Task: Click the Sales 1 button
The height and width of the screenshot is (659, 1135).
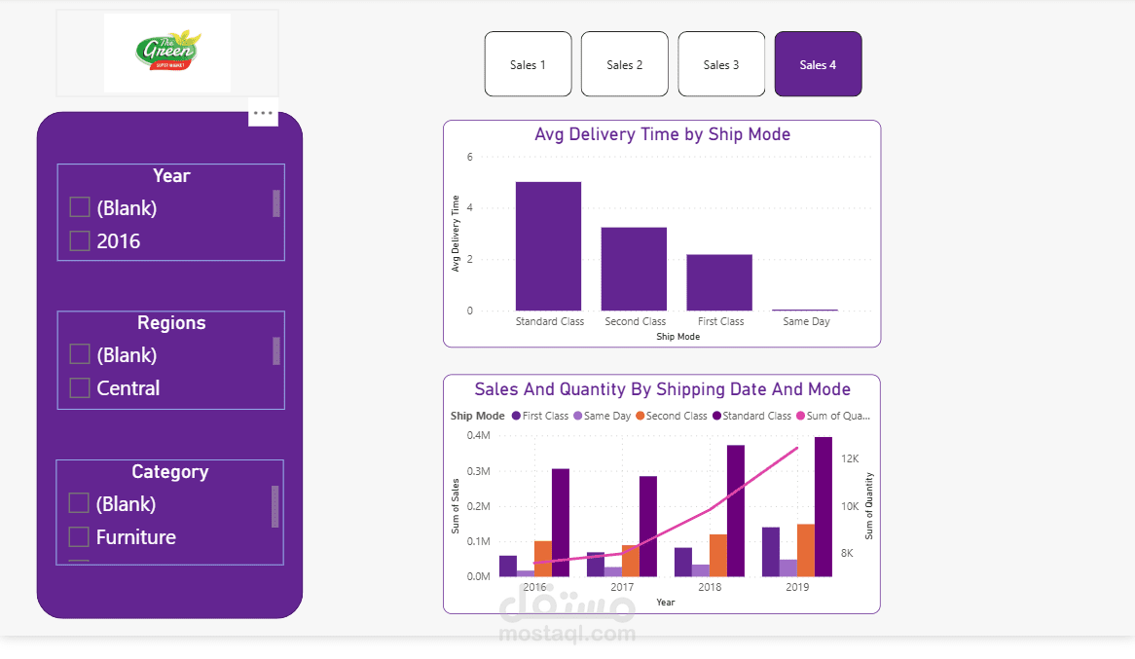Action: (x=528, y=64)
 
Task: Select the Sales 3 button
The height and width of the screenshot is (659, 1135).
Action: (x=721, y=64)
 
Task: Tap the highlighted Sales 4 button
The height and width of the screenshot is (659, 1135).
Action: (x=818, y=64)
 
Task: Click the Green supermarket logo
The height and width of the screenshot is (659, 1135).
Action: (x=167, y=53)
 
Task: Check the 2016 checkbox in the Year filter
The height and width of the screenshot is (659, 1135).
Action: (x=80, y=240)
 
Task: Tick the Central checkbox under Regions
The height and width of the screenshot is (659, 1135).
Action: (x=80, y=387)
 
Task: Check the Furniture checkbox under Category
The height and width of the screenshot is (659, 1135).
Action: (x=79, y=537)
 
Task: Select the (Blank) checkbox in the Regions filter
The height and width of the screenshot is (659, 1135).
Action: (x=80, y=354)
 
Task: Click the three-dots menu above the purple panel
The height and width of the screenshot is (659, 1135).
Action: (x=263, y=113)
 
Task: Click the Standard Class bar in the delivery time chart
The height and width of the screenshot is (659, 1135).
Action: (x=548, y=246)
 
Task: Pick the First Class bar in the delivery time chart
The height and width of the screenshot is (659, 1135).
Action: (x=719, y=282)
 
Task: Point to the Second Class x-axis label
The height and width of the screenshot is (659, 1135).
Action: (x=635, y=321)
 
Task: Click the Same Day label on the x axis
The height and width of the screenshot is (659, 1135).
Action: (x=806, y=321)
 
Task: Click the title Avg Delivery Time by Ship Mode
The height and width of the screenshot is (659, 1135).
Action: (x=662, y=134)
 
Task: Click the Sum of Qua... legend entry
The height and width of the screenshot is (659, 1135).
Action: (x=834, y=416)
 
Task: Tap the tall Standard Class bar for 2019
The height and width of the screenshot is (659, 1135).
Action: (x=824, y=506)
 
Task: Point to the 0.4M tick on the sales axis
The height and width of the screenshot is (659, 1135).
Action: (x=478, y=435)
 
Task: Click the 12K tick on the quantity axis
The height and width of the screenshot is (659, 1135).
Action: (x=850, y=458)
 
